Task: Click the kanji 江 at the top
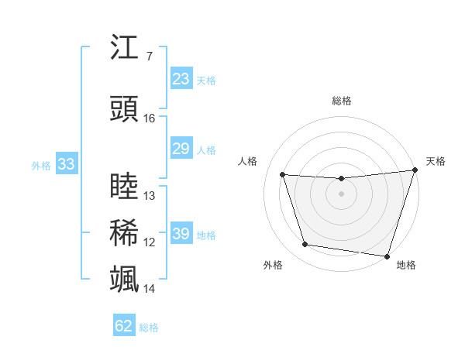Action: click(125, 48)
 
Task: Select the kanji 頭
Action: click(125, 110)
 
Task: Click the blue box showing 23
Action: click(181, 79)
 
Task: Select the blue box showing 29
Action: click(181, 149)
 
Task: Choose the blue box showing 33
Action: click(66, 164)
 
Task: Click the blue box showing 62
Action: click(124, 326)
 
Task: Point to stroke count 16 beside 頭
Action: click(150, 118)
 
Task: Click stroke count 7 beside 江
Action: click(150, 57)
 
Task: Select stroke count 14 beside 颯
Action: click(150, 289)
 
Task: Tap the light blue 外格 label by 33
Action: click(40, 165)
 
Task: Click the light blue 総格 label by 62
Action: click(149, 328)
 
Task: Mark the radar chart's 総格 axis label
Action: click(341, 101)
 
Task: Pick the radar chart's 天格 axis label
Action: click(436, 161)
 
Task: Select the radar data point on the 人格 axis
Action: click(283, 175)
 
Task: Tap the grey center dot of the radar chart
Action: click(341, 194)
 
